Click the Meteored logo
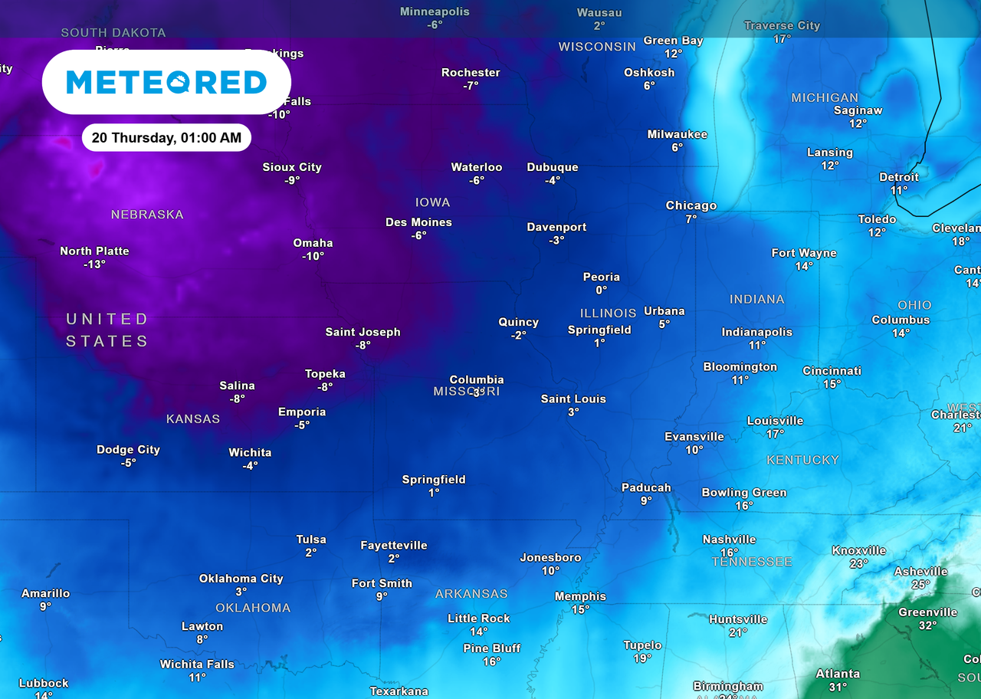[x=166, y=82]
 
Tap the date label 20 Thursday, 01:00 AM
[x=166, y=138]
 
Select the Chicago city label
[x=691, y=205]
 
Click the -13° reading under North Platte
[x=94, y=264]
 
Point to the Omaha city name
[x=313, y=243]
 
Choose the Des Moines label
[x=418, y=222]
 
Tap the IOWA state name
[x=432, y=202]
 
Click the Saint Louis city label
[x=573, y=399]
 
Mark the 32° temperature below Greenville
[x=927, y=625]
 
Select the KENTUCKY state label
[x=803, y=460]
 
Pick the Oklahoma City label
[x=241, y=579]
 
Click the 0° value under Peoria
[x=601, y=290]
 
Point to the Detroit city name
[x=898, y=177]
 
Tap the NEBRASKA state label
[x=147, y=215]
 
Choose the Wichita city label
[x=250, y=452]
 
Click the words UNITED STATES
[x=107, y=330]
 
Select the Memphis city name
[x=580, y=596]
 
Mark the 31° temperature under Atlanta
[x=837, y=688]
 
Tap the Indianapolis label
[x=756, y=332]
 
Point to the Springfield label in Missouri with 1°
[x=434, y=480]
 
